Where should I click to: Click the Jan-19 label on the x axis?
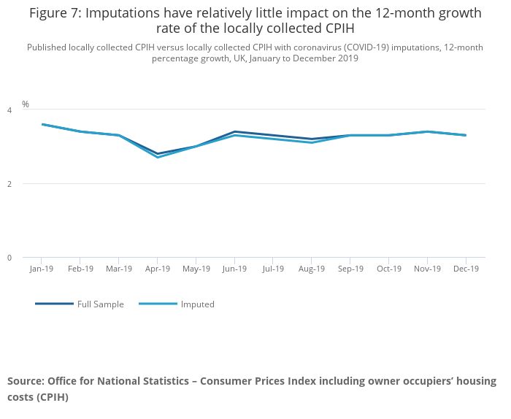coord(42,269)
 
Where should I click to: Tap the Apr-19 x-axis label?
coord(157,269)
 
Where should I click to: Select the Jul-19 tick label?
coord(272,269)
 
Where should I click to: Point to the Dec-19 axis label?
coord(466,269)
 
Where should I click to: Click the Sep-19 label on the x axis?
coord(350,269)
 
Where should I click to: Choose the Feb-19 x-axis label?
coord(80,269)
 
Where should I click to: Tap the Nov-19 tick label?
coord(427,269)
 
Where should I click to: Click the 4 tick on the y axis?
coord(9,110)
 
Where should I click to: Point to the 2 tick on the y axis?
coord(9,184)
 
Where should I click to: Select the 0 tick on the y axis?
coord(9,258)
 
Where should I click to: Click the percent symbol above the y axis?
coord(26,104)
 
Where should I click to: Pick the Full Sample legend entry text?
coord(101,304)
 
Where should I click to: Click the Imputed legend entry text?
coord(198,304)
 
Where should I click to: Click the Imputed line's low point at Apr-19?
coord(157,158)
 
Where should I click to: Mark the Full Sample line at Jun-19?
coord(234,131)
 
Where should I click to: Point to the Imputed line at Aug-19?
coord(312,142)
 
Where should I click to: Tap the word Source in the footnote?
coord(25,381)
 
